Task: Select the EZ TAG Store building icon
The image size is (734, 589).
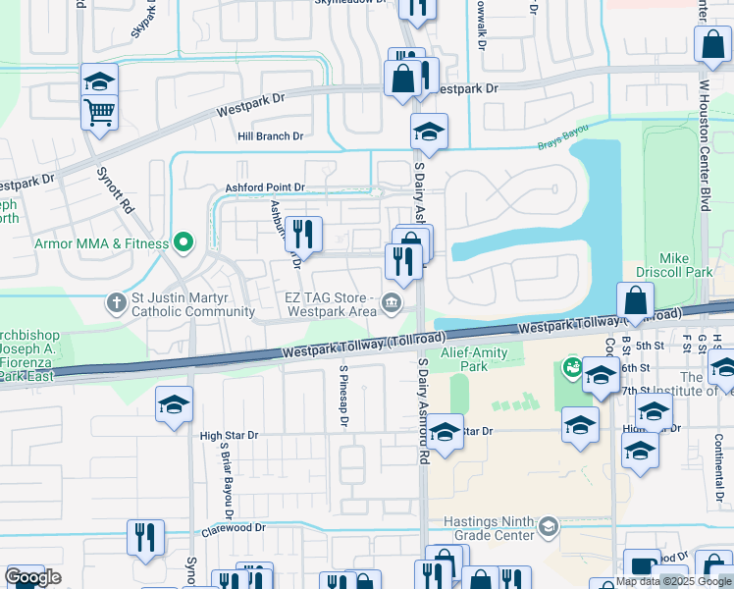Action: [x=393, y=302]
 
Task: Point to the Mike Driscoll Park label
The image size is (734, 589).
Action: [x=686, y=266]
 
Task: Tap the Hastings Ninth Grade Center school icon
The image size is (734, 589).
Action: [x=548, y=528]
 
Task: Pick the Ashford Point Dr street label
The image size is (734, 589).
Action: [x=265, y=187]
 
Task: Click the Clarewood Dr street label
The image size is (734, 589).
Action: [x=234, y=527]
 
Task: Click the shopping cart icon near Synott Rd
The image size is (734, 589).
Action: [x=99, y=112]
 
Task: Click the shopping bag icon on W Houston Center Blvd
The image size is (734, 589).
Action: [x=711, y=44]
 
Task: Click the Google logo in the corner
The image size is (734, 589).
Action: [x=32, y=577]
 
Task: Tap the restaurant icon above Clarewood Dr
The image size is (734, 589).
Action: [x=145, y=537]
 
